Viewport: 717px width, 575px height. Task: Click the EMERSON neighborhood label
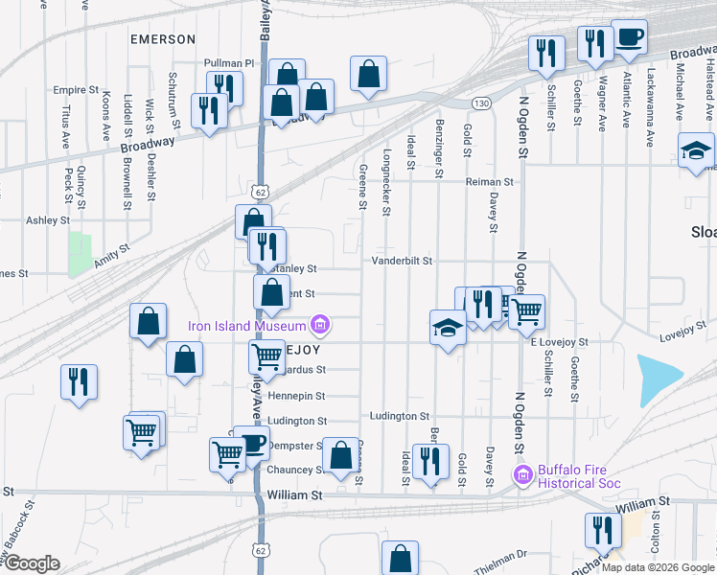click(163, 39)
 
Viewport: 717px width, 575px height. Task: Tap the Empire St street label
click(77, 90)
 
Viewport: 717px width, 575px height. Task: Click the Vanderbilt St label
click(403, 261)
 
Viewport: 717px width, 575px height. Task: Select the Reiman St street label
click(490, 181)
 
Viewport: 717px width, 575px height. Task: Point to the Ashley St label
click(48, 219)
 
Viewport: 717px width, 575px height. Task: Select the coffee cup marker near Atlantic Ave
click(629, 37)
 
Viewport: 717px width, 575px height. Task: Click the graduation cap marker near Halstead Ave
click(696, 150)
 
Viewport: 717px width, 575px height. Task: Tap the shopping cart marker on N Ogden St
click(526, 310)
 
